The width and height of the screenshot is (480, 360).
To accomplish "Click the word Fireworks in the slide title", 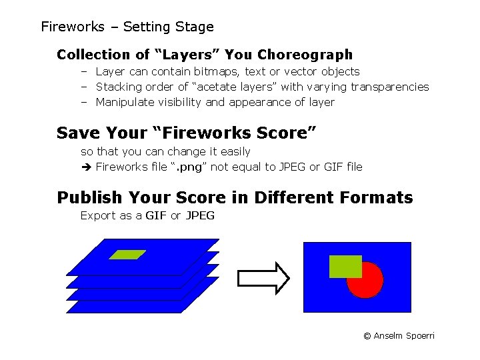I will pos(73,27).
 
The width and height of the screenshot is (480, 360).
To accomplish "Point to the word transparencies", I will pos(389,87).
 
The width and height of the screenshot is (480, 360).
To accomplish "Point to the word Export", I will pos(97,215).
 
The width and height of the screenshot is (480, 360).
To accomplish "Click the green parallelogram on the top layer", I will pos(128,254).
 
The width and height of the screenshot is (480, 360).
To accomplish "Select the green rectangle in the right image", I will pos(345,266).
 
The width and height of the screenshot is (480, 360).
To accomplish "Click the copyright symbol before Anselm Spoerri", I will pos(367,336).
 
